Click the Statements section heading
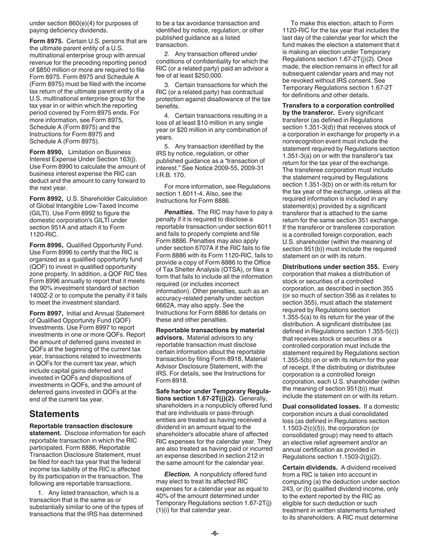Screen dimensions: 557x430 [x=54, y=414]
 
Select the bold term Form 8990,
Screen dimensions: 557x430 [x=46, y=152]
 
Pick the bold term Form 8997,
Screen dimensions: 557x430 [x=46, y=313]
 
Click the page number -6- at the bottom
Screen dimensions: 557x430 [x=215, y=533]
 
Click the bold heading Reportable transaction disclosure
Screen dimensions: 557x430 [x=81, y=426]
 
